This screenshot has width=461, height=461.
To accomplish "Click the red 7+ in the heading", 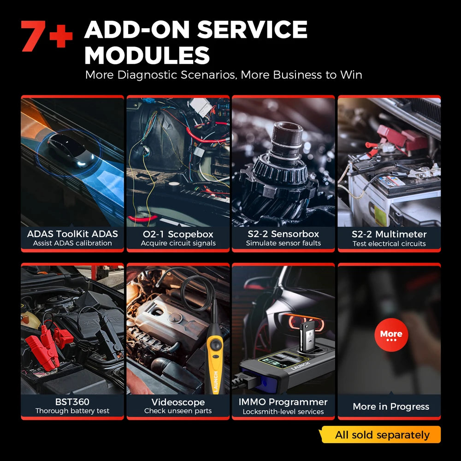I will [x=46, y=36].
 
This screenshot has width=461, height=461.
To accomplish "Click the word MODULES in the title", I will [x=147, y=55].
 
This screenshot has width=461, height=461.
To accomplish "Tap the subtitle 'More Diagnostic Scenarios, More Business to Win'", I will [x=224, y=75].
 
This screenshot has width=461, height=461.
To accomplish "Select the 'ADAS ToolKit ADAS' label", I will [x=72, y=234].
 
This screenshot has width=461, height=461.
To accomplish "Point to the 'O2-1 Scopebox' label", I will [x=178, y=234].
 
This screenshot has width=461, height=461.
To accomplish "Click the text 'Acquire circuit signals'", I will [x=178, y=243].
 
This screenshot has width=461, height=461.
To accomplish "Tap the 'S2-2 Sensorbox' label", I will [x=283, y=234].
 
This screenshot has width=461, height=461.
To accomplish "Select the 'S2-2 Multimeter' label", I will [x=389, y=234].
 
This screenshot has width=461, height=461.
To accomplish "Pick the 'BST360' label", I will [x=72, y=402].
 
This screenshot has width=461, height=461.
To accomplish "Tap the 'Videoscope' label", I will [x=178, y=402].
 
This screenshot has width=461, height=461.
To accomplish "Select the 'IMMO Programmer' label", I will [x=283, y=402].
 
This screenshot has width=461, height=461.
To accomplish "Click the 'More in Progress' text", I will [x=390, y=406].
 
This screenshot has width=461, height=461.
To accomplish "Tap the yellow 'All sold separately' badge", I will [x=382, y=435].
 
